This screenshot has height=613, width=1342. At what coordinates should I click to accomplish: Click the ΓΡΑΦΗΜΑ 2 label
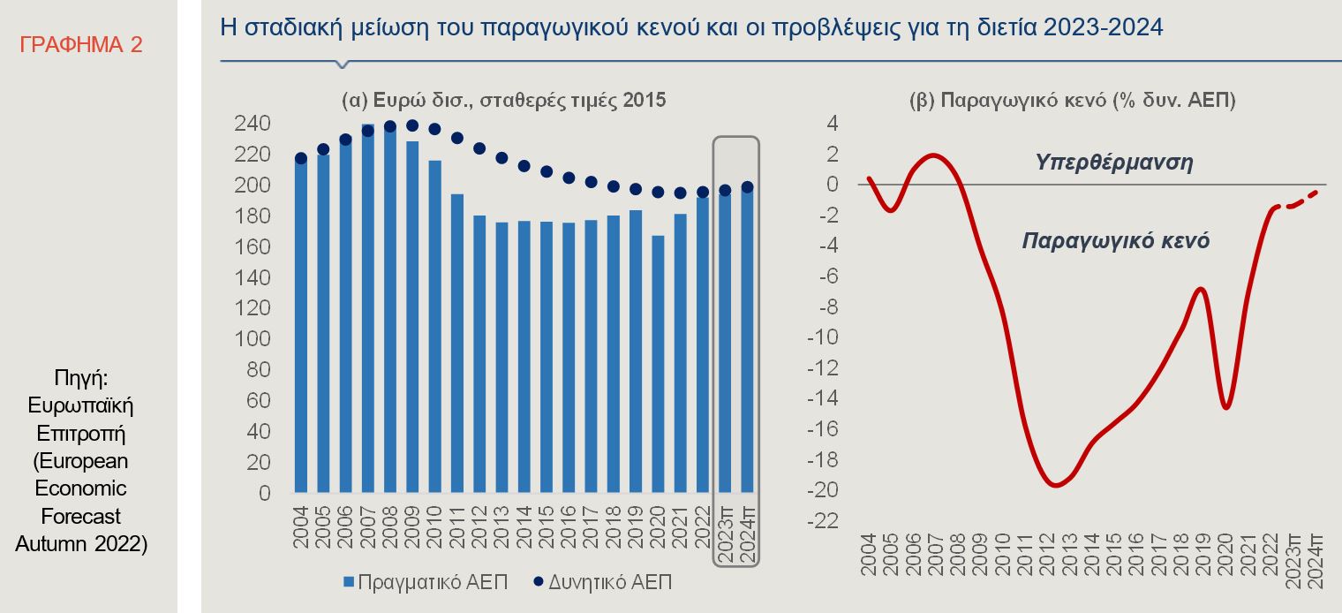click(80, 45)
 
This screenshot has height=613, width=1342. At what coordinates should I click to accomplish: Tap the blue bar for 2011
click(456, 343)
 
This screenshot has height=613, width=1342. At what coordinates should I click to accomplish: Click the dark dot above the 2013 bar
click(501, 158)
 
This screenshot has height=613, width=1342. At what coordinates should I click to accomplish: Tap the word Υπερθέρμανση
click(1114, 163)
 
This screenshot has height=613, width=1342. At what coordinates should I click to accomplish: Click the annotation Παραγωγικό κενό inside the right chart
click(1115, 240)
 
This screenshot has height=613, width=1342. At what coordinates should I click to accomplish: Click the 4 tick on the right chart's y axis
click(833, 124)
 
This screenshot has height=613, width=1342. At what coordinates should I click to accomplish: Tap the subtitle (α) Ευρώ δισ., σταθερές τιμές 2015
click(503, 101)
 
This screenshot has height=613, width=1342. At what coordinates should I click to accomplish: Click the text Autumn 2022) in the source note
click(81, 543)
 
